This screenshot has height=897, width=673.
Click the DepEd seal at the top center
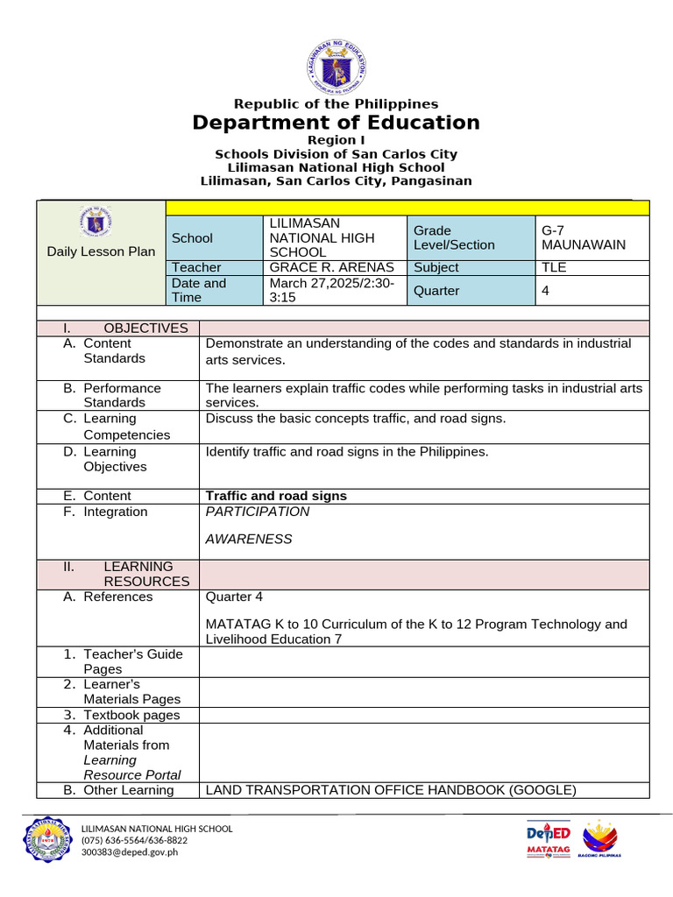tap(336, 65)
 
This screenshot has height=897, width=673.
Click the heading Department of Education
tap(336, 123)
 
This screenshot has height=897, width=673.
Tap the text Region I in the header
tap(336, 140)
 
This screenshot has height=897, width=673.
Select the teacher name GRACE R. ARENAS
tap(332, 267)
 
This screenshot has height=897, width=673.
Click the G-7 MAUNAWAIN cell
tap(583, 237)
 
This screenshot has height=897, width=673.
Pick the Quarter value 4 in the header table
tap(546, 291)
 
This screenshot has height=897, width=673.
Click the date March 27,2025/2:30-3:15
tap(332, 291)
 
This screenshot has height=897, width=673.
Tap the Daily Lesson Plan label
tap(101, 251)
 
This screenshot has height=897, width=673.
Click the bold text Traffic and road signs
tap(276, 496)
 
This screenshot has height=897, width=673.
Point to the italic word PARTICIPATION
tap(258, 512)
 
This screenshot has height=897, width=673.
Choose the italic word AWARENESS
tap(249, 539)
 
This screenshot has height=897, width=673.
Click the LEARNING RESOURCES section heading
tap(145, 574)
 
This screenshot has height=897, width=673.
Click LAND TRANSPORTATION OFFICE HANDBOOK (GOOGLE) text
tap(390, 790)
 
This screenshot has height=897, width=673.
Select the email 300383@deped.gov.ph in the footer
tap(129, 851)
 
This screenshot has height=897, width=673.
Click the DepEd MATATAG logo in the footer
tap(549, 841)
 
